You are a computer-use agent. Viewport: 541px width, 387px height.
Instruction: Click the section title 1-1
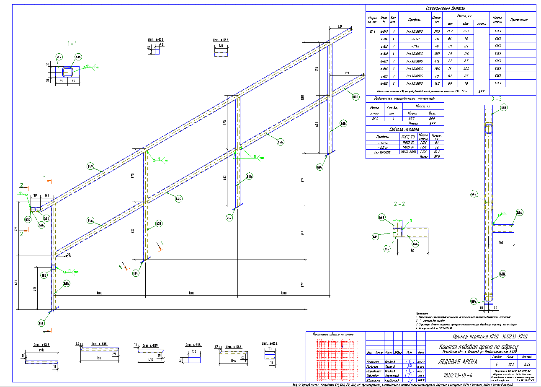73,43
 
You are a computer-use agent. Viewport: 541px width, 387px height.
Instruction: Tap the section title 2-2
399,204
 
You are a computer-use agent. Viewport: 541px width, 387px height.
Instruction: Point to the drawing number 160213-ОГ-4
457,374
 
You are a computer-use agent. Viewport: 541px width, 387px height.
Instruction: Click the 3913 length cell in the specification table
437,31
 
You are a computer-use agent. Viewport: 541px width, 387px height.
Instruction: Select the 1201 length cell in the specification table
437,54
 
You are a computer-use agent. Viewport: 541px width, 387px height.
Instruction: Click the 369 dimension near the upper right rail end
346,74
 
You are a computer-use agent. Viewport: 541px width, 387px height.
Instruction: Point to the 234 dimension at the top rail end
340,27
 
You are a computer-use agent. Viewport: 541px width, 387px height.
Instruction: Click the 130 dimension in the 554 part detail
194,351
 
